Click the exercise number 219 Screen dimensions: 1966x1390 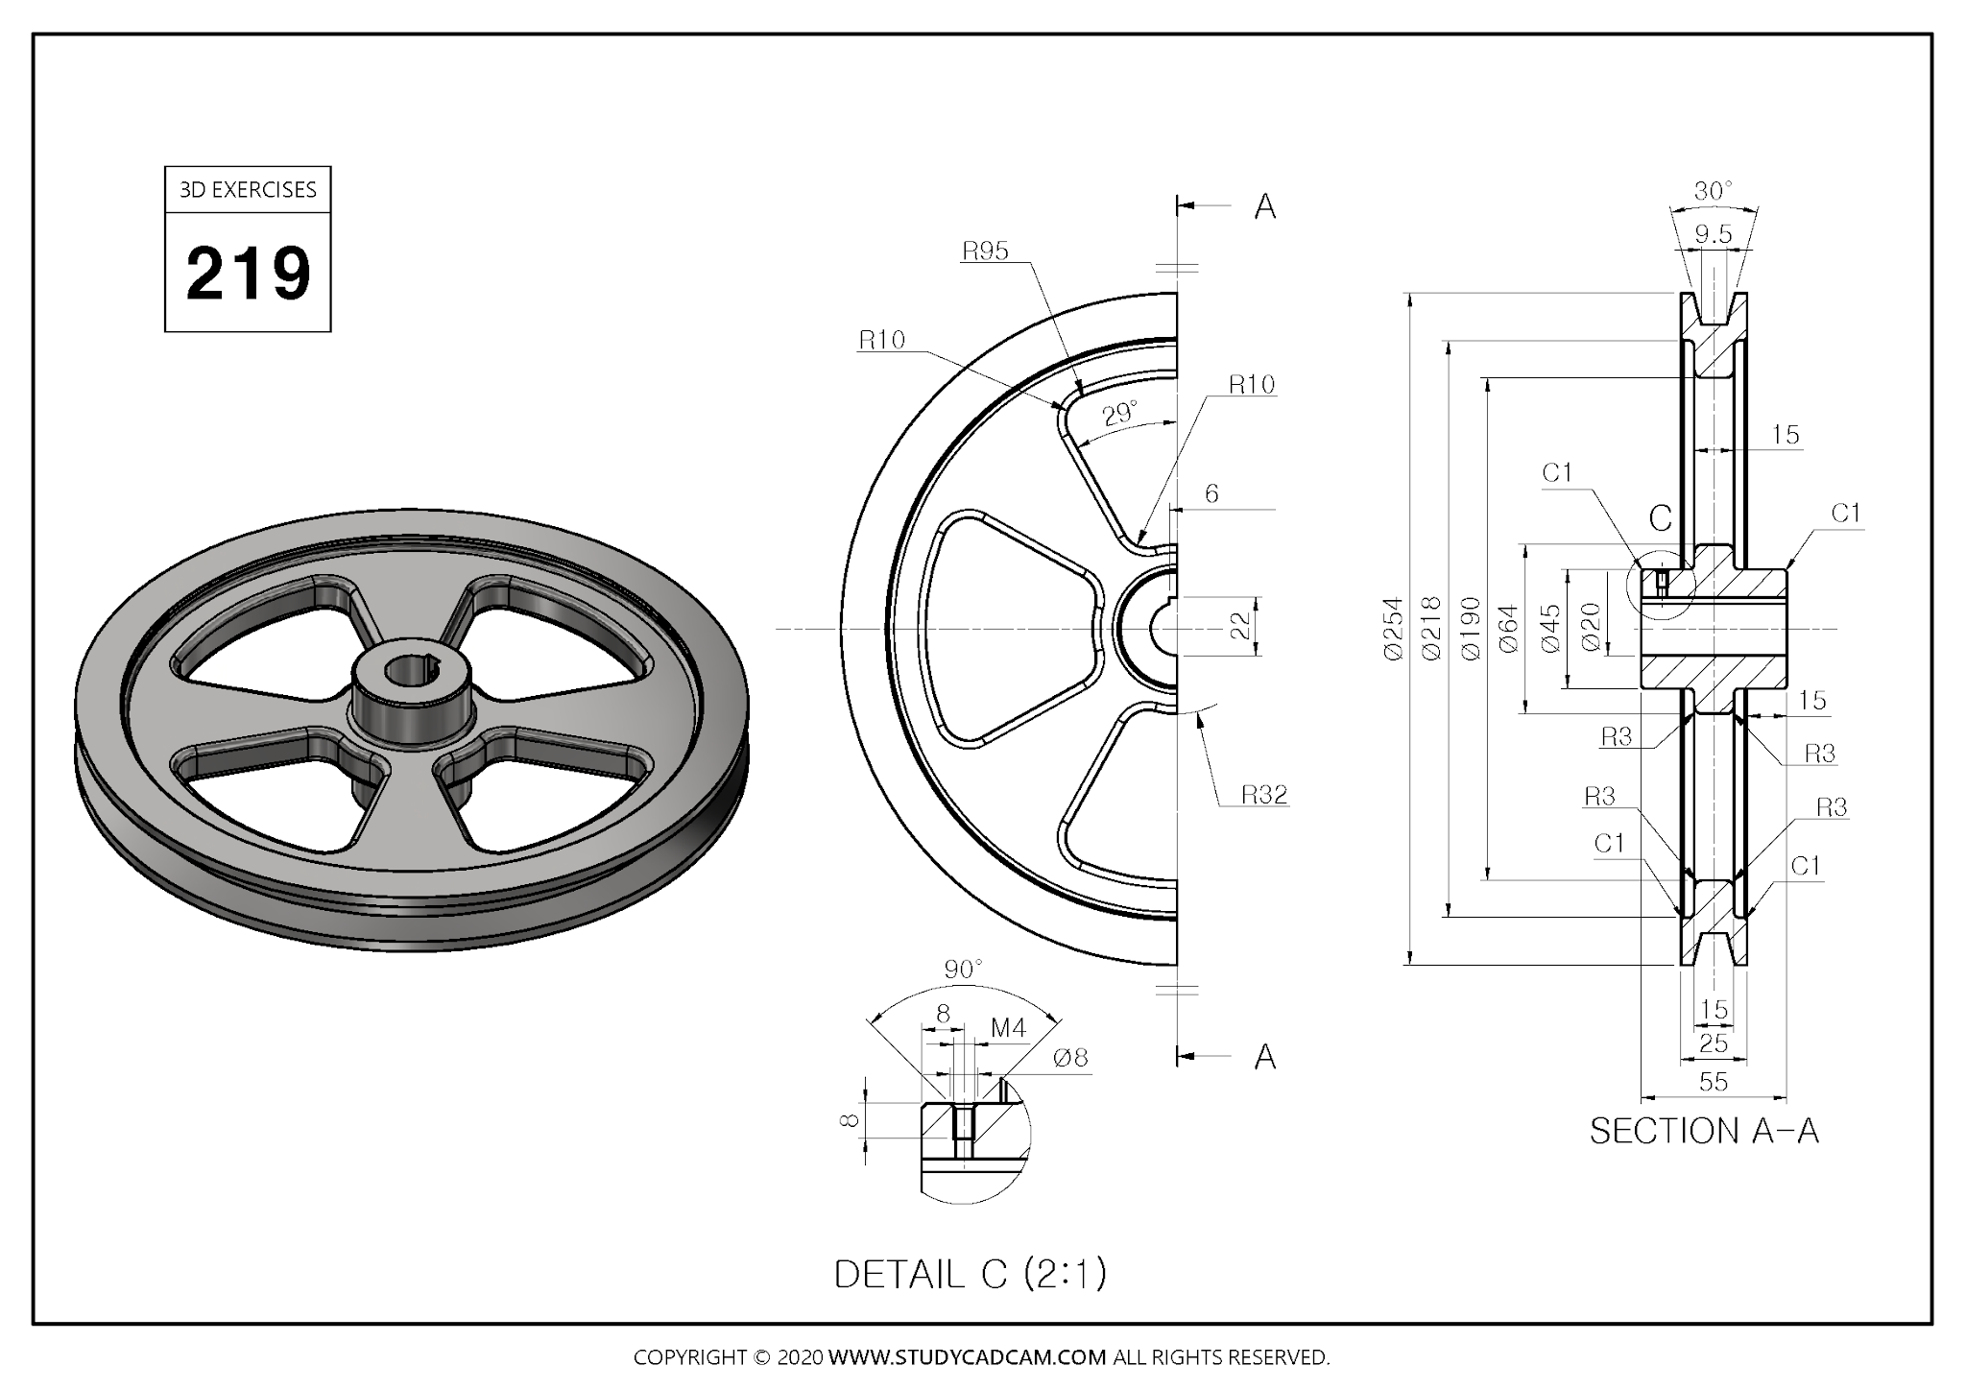coord(249,274)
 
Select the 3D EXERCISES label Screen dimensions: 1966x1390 coord(248,189)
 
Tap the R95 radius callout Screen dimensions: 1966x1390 coord(985,252)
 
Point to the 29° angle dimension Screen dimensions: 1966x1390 coord(1119,415)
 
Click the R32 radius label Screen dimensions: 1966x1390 coord(1264,794)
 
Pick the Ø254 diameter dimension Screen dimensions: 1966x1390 coord(1393,629)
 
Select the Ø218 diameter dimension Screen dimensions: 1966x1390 coord(1431,629)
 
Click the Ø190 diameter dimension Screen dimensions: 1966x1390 coord(1470,629)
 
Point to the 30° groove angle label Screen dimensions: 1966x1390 coord(1714,191)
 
